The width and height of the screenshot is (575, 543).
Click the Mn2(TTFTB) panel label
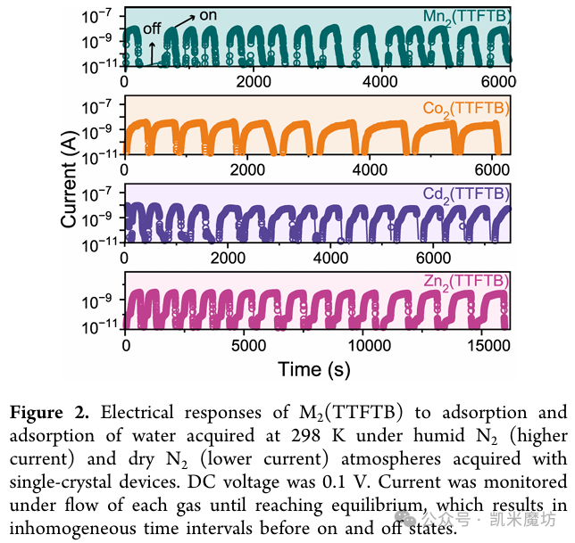coord(466,17)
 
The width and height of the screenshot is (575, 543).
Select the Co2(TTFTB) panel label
coord(466,109)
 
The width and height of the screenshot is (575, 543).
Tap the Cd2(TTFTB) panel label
coord(466,194)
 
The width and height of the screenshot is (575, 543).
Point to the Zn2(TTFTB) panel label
coord(466,282)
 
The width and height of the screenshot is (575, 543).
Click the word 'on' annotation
coord(208,15)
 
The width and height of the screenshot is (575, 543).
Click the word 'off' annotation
coord(152,29)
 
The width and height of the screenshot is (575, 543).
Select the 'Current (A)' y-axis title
coord(70,179)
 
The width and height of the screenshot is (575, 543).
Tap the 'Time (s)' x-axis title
coord(314,369)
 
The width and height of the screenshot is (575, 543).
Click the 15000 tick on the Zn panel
coord(489,346)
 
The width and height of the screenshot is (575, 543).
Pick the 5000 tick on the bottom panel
coord(248,346)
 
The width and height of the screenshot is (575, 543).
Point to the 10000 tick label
coord(370,346)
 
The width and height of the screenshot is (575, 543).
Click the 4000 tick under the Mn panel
coord(380,81)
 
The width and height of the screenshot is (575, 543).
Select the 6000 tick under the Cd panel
coord(433,258)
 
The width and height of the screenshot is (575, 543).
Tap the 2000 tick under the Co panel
coord(247,170)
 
